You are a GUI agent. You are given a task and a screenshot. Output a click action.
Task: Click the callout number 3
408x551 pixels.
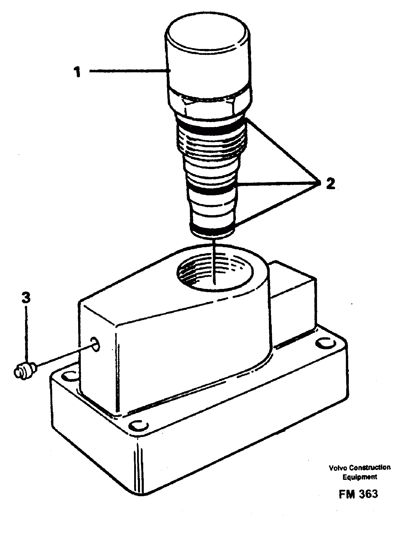pyautogui.click(x=26, y=299)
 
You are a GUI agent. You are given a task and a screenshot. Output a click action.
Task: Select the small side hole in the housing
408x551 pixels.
pyautogui.click(x=95, y=343)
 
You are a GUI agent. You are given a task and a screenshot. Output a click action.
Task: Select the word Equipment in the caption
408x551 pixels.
pyautogui.click(x=359, y=477)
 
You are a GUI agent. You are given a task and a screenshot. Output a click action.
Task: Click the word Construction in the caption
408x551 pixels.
pyautogui.click(x=370, y=468)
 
